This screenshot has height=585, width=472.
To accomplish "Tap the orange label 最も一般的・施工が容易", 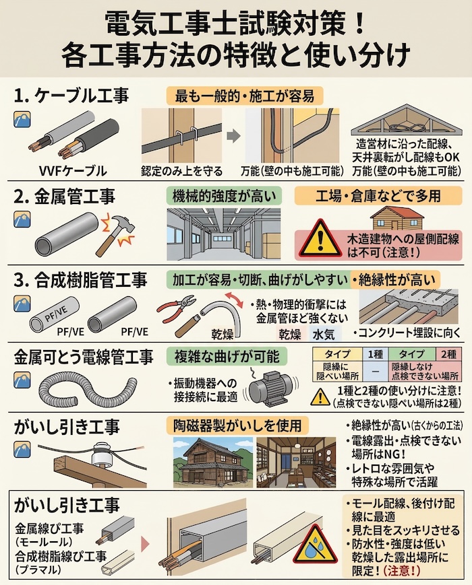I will click(245, 96).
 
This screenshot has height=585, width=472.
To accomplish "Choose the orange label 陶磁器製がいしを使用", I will click(237, 425).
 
